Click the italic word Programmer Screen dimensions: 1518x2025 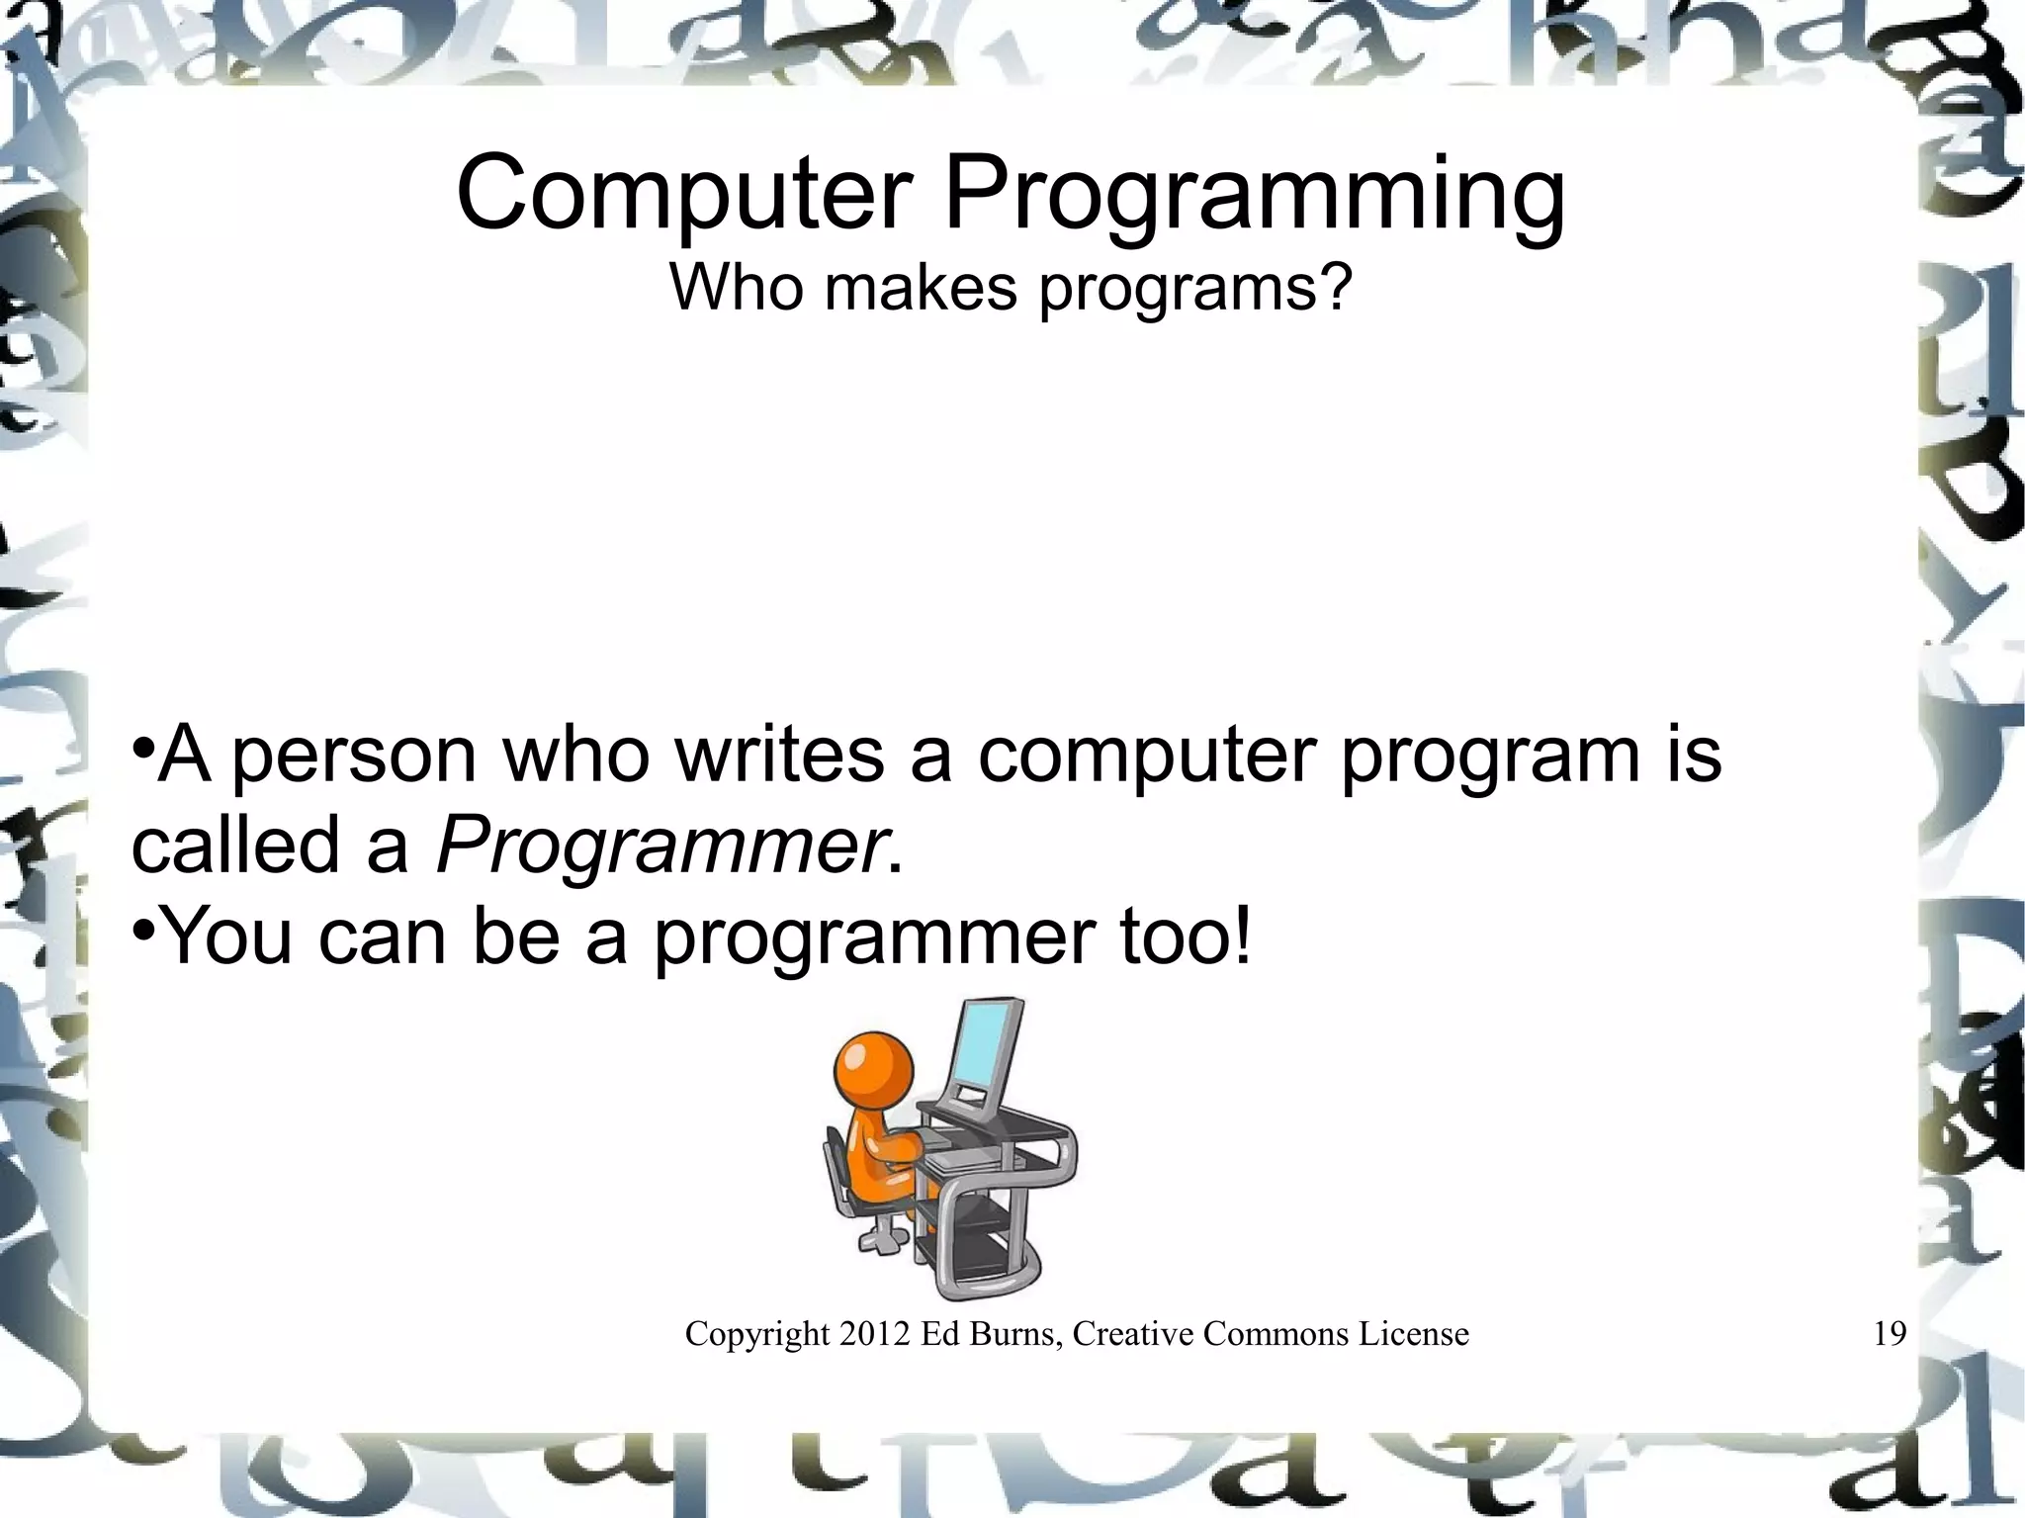[x=660, y=847]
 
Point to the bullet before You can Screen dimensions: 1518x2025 [x=143, y=929]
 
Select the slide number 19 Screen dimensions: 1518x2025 [x=1890, y=1334]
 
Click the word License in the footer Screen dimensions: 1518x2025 [x=1414, y=1334]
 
